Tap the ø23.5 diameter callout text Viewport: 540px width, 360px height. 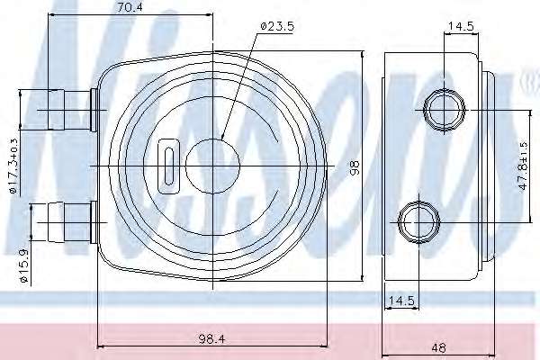coord(277,26)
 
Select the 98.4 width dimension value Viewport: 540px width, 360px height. coord(211,339)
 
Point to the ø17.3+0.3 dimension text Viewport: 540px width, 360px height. coord(13,166)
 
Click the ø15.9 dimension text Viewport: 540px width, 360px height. coord(23,266)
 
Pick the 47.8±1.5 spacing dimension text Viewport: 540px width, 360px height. coord(523,166)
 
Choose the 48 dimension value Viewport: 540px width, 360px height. coord(438,348)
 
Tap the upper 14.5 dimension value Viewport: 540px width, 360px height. coord(461,26)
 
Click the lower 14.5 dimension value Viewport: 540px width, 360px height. coord(401,301)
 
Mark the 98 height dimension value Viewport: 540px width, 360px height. coord(355,167)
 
